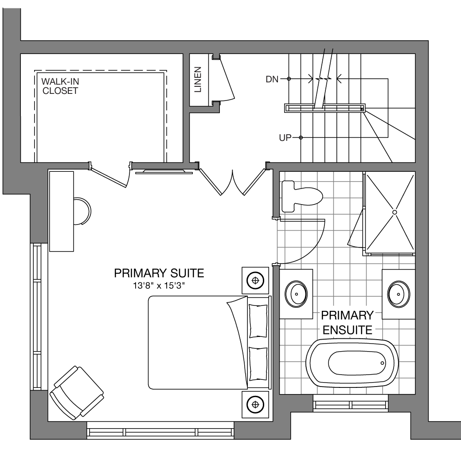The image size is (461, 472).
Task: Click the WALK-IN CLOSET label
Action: coord(60,86)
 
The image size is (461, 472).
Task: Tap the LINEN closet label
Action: coord(198,79)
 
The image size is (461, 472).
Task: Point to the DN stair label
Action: coord(272,79)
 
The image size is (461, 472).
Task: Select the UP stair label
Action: coord(285,138)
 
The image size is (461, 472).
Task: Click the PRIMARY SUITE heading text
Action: coord(159,273)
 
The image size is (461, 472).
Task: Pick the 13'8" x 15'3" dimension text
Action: coord(159,285)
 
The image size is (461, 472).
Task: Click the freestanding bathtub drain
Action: coord(383,363)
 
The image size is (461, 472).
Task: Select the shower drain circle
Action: coord(395,212)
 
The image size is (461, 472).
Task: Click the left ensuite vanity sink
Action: coord(296,294)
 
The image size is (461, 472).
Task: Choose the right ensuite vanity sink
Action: coord(398,294)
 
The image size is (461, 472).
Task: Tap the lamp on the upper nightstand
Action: coord(255,281)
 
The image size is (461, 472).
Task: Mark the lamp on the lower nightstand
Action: coord(255,404)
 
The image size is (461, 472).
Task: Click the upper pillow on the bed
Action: coord(258,321)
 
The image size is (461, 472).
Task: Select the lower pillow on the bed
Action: coord(258,364)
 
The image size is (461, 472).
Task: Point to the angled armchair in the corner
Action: coord(77,393)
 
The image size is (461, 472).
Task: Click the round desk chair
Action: coord(82,211)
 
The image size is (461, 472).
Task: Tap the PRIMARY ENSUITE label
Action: coord(348,323)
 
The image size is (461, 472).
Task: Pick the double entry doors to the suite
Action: coord(232,180)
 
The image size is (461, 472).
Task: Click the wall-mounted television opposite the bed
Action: coord(164,172)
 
